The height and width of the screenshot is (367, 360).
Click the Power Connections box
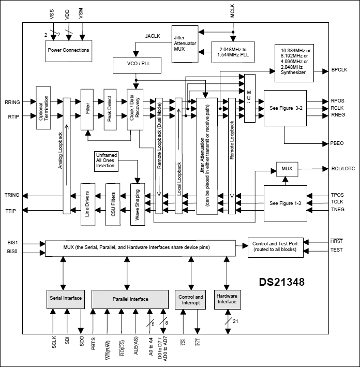tap(68, 50)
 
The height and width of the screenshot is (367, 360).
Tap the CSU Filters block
tap(112, 199)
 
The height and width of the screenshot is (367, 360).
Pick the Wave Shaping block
tap(138, 199)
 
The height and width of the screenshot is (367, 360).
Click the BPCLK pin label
tap(339, 69)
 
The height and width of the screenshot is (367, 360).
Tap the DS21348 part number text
tap(282, 283)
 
